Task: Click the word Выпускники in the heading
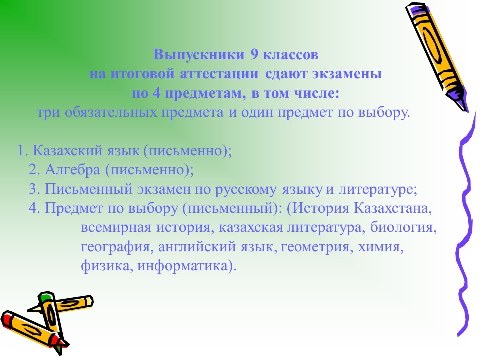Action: click(x=199, y=55)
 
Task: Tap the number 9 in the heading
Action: click(x=255, y=55)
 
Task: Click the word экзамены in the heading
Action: click(x=347, y=74)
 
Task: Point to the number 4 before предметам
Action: click(x=156, y=93)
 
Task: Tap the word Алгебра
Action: click(x=73, y=170)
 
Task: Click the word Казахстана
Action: click(x=393, y=208)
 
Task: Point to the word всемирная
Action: click(x=116, y=228)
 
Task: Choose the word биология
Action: click(x=402, y=228)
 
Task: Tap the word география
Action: click(x=115, y=247)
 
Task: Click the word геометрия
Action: click(x=315, y=247)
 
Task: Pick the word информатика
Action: click(x=183, y=266)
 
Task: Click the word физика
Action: click(x=105, y=266)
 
